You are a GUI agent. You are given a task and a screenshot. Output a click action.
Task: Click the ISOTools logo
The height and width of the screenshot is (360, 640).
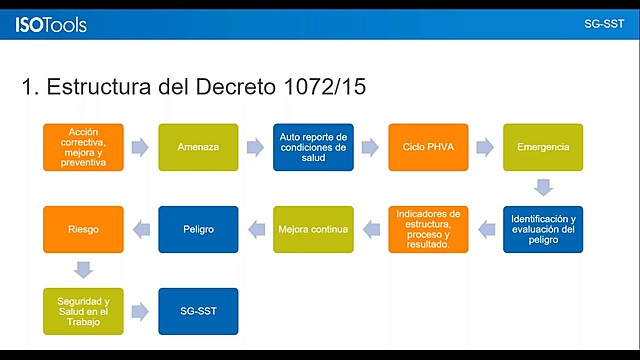coord(51,24)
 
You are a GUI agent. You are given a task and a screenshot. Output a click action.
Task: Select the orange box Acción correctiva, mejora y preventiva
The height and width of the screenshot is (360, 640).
coord(83,147)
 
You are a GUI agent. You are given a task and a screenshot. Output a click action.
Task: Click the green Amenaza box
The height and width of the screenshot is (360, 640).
coord(198,147)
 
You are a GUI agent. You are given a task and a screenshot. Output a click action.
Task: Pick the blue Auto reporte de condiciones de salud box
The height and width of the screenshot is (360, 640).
coord(313,147)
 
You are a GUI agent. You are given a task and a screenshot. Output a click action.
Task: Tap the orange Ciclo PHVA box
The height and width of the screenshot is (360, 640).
coord(428,147)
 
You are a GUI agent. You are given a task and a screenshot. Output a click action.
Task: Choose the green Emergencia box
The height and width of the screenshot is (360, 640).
coord(543,147)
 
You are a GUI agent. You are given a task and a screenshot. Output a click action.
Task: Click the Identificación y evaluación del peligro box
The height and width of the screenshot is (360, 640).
coord(543,229)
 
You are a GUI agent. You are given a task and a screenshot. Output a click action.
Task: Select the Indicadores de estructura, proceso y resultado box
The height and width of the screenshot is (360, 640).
coord(428,229)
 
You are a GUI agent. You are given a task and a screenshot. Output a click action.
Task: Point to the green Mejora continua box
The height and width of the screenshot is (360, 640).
coord(313,229)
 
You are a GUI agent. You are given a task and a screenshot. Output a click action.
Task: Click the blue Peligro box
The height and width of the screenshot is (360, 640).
coord(198,229)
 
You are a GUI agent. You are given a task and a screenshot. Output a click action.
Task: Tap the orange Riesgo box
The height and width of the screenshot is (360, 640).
coord(83,229)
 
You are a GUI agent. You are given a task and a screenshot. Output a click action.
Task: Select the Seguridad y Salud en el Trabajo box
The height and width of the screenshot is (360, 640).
coord(83,311)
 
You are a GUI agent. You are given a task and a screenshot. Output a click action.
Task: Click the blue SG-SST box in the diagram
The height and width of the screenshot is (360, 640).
coord(198,311)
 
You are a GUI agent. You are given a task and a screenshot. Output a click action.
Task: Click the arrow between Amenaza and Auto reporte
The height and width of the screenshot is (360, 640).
coord(256,147)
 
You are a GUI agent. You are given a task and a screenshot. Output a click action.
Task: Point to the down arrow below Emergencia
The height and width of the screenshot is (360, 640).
coord(543,188)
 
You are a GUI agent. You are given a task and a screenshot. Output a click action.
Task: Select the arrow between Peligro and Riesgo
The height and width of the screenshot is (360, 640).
coord(141,229)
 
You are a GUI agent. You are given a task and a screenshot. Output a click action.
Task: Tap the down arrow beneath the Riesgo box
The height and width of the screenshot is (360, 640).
coord(83,270)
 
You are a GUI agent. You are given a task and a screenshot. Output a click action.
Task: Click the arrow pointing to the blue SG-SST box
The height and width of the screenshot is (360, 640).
coord(141,311)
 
